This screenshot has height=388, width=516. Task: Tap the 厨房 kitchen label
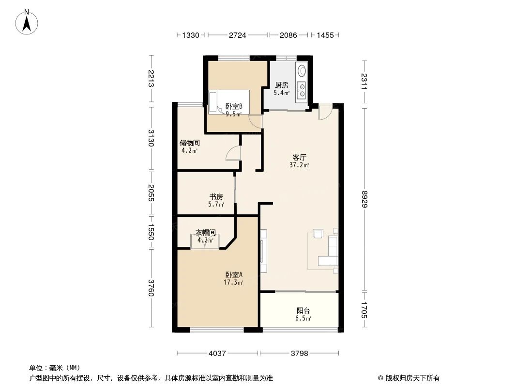[x=282, y=85]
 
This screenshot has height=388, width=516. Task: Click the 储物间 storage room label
[x=189, y=143]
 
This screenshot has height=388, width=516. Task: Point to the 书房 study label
[x=216, y=196]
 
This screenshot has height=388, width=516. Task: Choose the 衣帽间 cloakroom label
[x=205, y=233]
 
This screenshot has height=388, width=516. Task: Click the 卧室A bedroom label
[x=233, y=274]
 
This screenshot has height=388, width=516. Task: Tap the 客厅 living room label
[x=300, y=157]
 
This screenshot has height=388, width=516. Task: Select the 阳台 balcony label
[x=303, y=311]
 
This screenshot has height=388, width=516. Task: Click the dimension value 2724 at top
[x=237, y=35]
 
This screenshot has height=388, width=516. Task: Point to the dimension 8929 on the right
[x=364, y=198]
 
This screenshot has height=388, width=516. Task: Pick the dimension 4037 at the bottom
[x=217, y=354]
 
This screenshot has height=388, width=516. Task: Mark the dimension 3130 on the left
[x=151, y=138]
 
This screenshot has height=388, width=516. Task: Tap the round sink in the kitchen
[x=302, y=71]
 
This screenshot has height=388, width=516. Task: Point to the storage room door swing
[x=233, y=153]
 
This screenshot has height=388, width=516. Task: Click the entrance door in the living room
[x=325, y=112]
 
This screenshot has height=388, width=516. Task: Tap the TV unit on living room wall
[x=263, y=251]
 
